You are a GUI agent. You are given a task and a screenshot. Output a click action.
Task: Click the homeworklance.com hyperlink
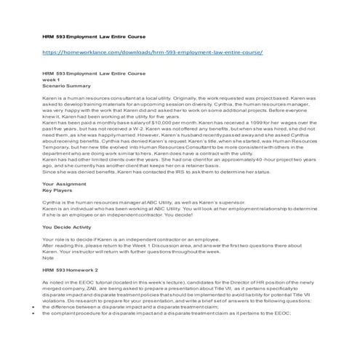click(151, 54)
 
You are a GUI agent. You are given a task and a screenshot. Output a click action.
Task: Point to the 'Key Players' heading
click(58, 191)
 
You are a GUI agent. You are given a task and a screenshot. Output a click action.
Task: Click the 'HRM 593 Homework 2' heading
click(71, 268)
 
